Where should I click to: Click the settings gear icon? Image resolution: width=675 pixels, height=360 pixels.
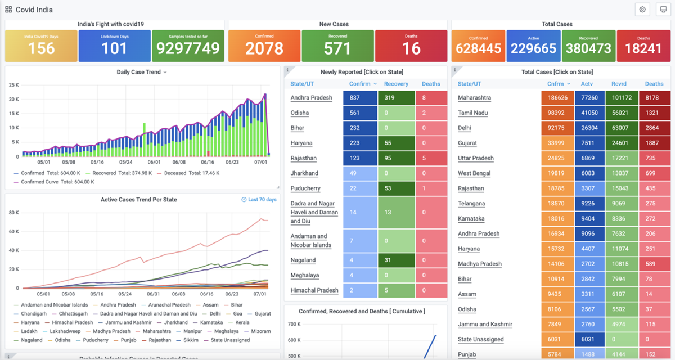pos(642,10)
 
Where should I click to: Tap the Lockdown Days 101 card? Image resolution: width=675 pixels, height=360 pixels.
pos(115,46)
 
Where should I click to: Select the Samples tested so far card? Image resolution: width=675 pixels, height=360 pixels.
pos(188,46)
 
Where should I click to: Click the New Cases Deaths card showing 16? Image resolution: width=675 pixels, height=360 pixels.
pos(411,46)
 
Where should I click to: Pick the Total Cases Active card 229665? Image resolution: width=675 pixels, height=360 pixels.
pos(533,46)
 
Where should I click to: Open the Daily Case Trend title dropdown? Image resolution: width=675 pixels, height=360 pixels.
pos(165,73)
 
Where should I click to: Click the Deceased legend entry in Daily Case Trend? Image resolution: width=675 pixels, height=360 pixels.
pos(174,173)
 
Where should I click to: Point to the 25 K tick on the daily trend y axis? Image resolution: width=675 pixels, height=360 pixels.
pos(13,85)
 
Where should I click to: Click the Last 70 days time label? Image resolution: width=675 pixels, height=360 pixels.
pos(259,200)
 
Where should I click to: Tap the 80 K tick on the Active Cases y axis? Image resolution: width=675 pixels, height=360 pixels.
pos(13,213)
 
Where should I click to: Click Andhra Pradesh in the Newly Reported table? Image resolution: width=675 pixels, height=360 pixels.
pos(311,98)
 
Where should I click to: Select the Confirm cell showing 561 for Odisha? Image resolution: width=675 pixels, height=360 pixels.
pos(360,112)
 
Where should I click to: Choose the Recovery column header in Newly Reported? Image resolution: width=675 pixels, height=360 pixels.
pos(396,84)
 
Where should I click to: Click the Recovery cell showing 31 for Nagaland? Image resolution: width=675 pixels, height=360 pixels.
pos(396,260)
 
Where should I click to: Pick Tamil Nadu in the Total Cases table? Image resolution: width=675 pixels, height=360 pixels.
pos(473,113)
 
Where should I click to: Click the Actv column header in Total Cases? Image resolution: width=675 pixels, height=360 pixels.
pos(587,84)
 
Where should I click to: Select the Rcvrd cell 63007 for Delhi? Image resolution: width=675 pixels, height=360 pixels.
pos(622,128)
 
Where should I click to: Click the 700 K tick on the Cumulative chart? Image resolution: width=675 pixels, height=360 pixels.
pos(294,325)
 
